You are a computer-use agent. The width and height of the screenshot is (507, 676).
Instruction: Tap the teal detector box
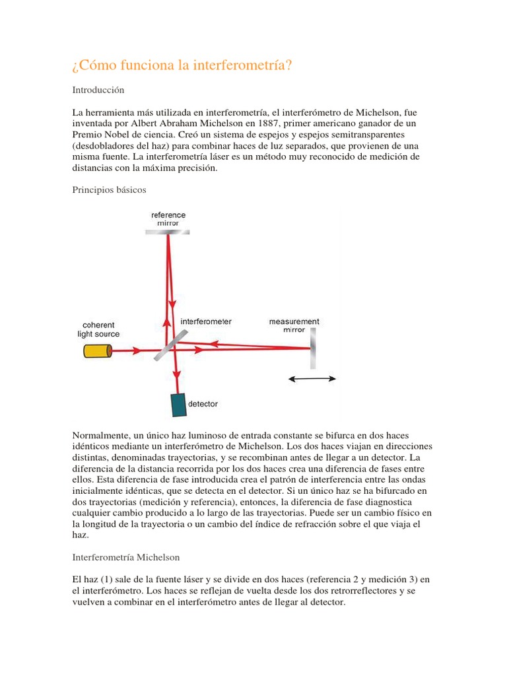tap(178, 405)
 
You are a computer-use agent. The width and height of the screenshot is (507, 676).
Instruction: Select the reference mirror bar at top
tap(168, 232)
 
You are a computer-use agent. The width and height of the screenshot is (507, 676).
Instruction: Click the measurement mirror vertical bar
tap(312, 349)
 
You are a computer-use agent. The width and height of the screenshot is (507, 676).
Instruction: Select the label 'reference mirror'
tap(168, 219)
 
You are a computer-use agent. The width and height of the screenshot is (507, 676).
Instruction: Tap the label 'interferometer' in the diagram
tap(206, 321)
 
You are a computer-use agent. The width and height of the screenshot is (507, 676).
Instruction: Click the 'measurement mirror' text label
tap(294, 325)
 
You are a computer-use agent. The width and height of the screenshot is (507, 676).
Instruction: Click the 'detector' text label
tap(203, 403)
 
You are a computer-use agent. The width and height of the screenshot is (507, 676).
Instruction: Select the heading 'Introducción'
tap(98, 89)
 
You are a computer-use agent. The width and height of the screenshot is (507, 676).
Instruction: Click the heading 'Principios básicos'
tap(109, 189)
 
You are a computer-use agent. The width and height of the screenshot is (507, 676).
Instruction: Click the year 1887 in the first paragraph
tap(278, 123)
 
